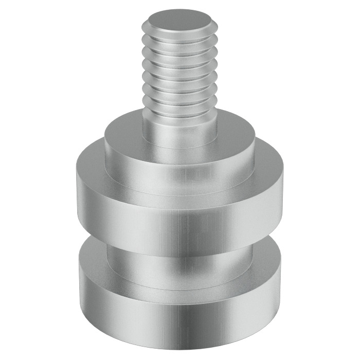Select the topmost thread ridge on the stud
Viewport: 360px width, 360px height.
pos(179,39)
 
